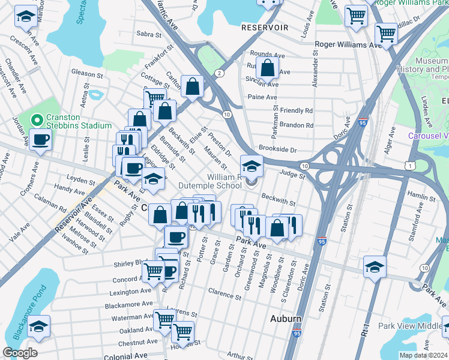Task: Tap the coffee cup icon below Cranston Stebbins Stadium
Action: (x=41, y=140)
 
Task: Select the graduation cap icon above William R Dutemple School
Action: (x=252, y=164)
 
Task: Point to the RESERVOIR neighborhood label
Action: (x=265, y=28)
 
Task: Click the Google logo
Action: (x=20, y=353)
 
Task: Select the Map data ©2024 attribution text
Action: (x=423, y=355)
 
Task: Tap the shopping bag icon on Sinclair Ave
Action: (x=267, y=69)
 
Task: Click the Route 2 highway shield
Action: (x=220, y=73)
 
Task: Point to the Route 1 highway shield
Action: (x=409, y=164)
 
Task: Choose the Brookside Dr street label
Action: (x=278, y=148)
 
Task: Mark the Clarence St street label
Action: (x=224, y=294)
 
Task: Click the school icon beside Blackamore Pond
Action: (x=39, y=326)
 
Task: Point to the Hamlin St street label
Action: (x=421, y=196)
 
